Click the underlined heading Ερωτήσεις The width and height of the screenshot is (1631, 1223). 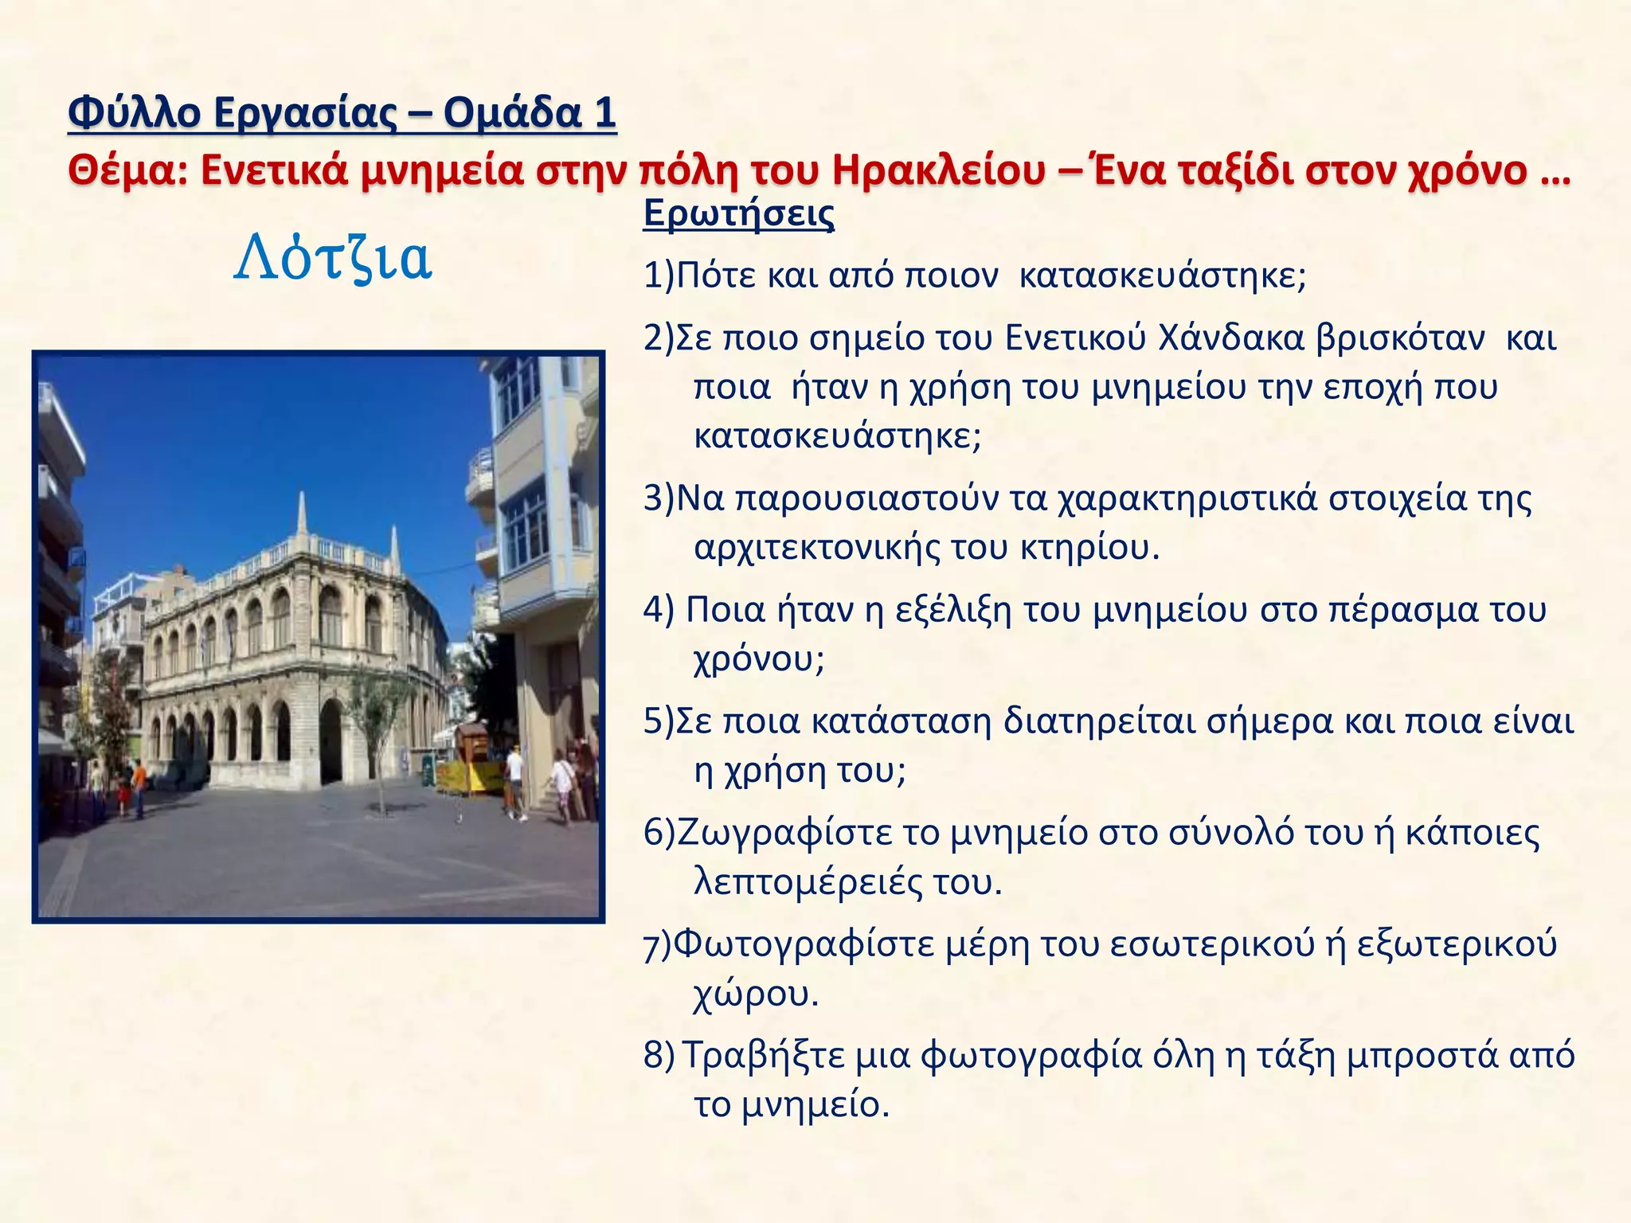(x=738, y=213)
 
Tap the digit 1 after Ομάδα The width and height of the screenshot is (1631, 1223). (x=604, y=112)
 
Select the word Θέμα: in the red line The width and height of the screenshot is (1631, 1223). (x=127, y=170)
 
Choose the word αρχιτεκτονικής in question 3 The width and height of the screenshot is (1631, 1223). (x=816, y=548)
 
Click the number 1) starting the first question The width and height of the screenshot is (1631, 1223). (x=659, y=276)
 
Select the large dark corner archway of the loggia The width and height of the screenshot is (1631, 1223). (x=330, y=740)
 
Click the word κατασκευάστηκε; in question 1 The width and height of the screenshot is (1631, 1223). (x=1162, y=276)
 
